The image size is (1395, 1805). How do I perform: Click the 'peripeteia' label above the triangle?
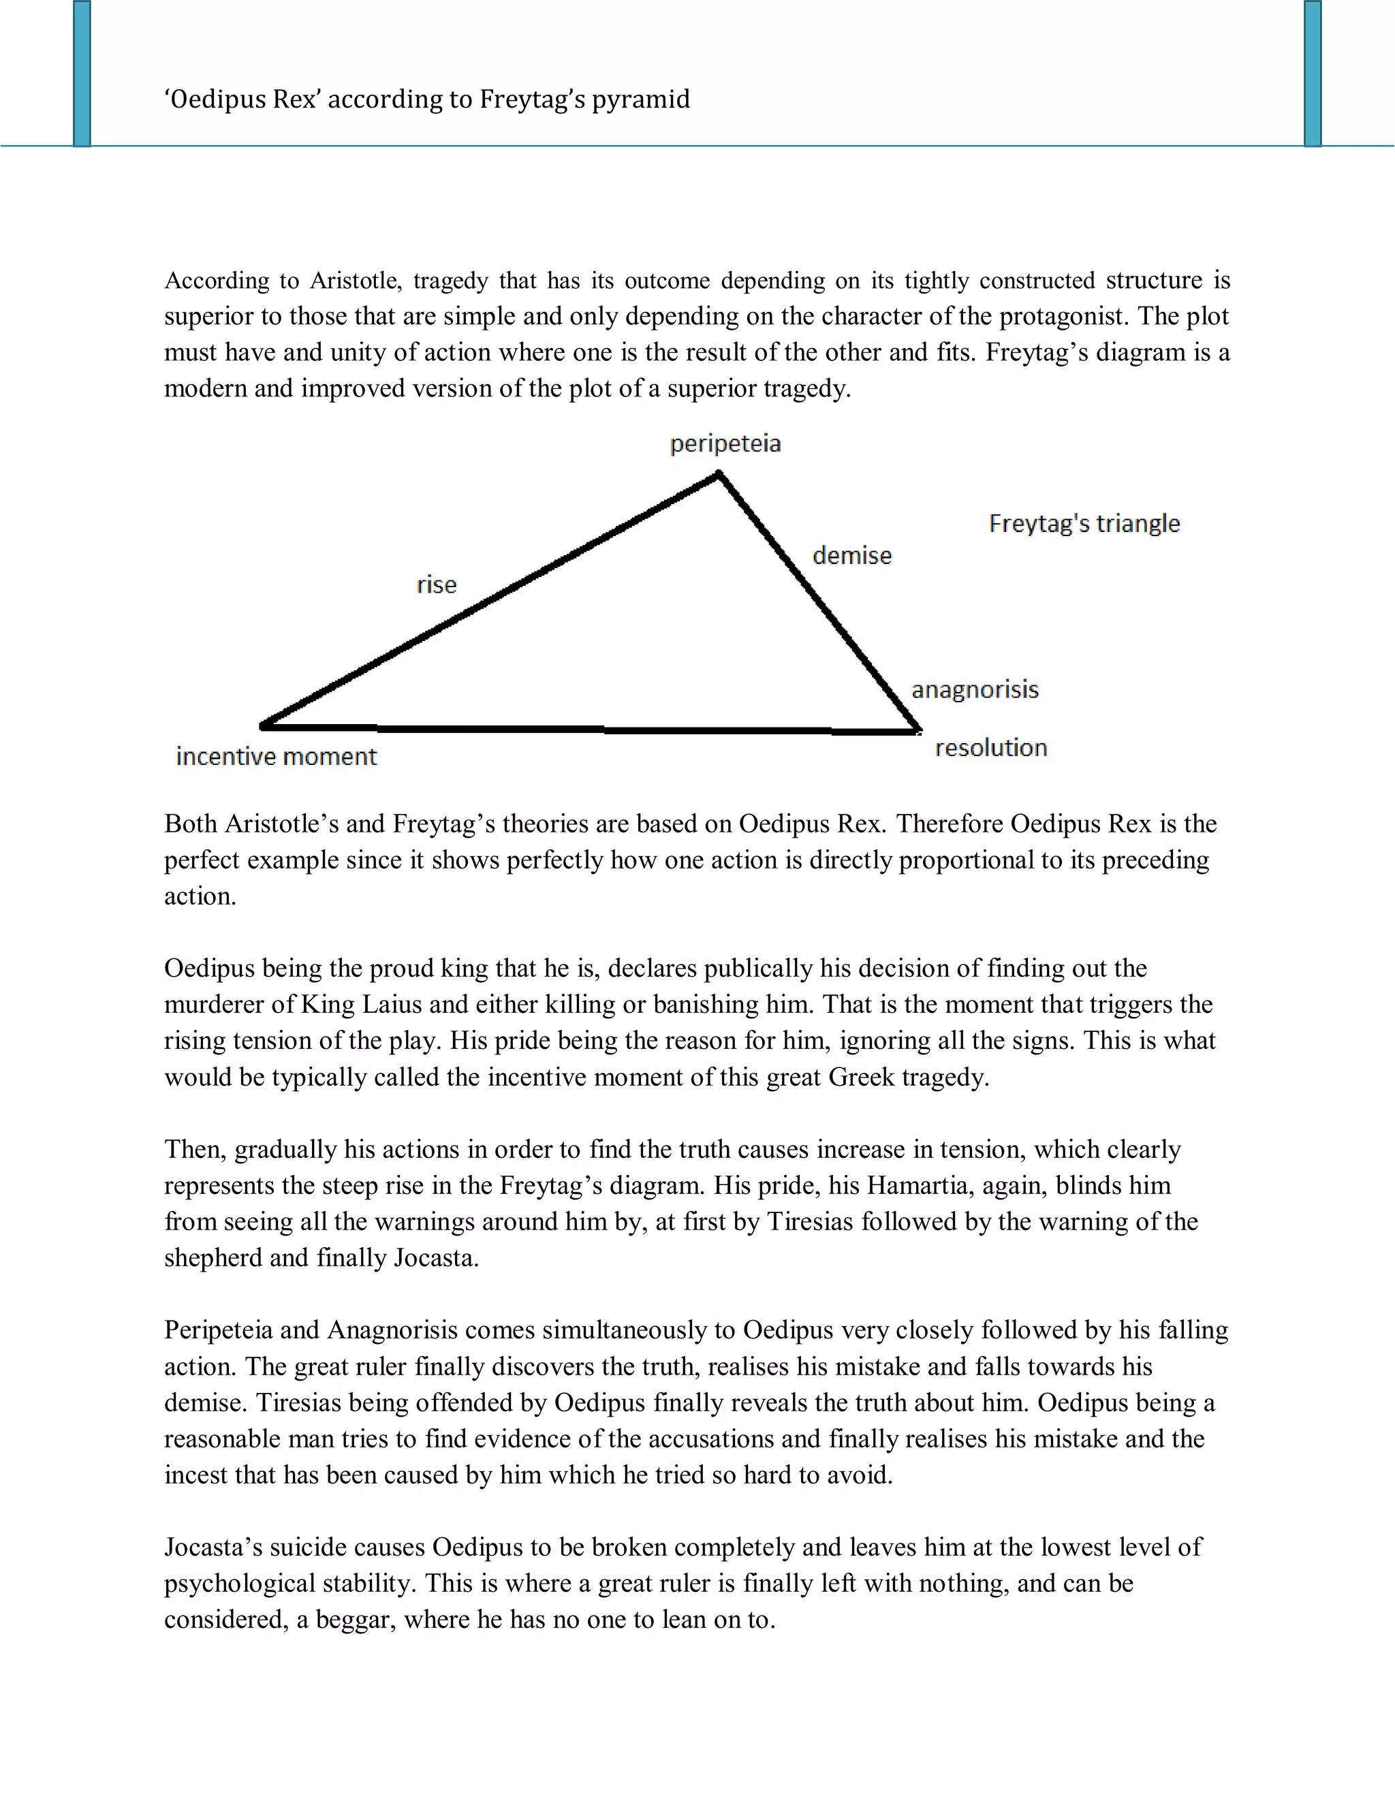725,444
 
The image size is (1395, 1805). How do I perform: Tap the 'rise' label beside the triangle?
437,585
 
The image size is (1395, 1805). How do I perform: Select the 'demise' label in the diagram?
852,555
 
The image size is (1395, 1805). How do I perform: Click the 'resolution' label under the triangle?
991,748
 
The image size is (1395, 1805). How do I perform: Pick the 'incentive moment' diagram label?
276,756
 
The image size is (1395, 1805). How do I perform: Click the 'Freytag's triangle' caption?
1084,523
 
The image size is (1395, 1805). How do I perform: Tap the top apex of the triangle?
719,474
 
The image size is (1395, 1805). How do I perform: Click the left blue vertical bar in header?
82,74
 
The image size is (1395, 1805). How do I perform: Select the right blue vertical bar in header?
1313,74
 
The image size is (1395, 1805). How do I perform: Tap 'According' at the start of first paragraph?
217,281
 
